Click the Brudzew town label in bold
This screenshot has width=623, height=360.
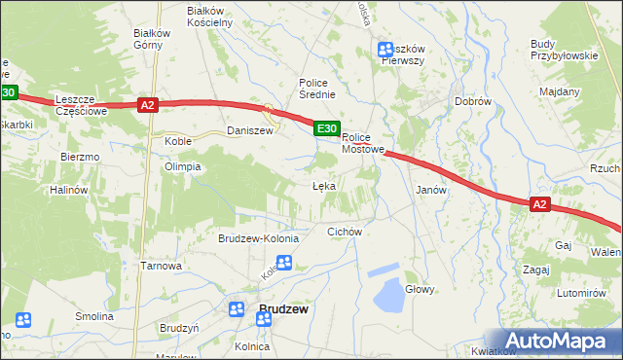pos(282,309)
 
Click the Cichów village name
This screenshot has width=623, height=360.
pos(345,232)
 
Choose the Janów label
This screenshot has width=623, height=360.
pos(430,191)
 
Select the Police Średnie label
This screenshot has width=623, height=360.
pos(317,89)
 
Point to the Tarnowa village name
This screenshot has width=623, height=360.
pos(162,266)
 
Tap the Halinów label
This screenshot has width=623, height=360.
pos(69,191)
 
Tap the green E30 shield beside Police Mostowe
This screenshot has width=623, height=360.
pos(326,128)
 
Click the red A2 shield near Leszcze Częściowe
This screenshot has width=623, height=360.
pos(147,105)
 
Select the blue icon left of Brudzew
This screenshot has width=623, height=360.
pos(237,309)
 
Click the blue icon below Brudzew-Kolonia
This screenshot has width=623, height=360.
pos(284,262)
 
